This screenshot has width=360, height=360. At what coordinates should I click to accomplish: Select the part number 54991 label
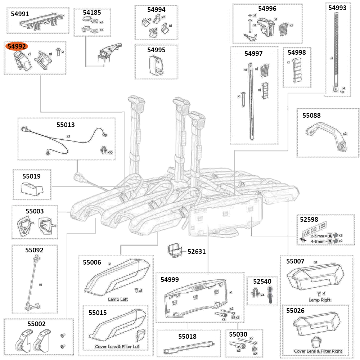click(20, 14)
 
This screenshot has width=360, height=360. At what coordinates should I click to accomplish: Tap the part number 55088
click(311, 116)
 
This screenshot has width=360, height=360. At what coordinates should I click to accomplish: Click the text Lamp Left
click(118, 299)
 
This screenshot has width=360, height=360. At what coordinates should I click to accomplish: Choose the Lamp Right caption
click(319, 300)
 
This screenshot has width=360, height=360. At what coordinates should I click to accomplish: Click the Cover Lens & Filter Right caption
click(318, 351)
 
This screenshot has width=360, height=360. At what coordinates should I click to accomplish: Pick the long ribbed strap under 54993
click(334, 50)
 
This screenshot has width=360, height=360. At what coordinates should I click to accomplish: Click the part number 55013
click(66, 125)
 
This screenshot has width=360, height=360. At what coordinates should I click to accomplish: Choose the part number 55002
click(37, 324)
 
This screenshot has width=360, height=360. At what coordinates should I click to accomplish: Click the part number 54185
click(92, 12)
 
